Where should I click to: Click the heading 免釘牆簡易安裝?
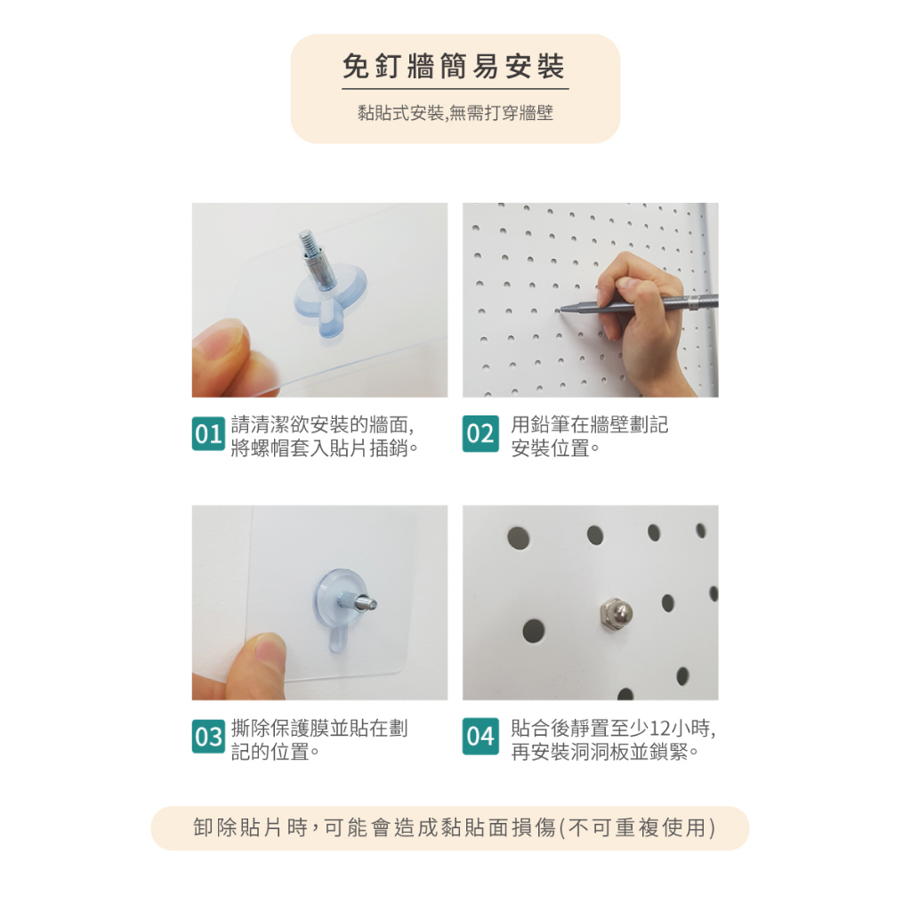pyautogui.click(x=454, y=66)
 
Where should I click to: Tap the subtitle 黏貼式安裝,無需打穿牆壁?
pyautogui.click(x=455, y=113)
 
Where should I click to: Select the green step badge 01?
pyautogui.click(x=208, y=433)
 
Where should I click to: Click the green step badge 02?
pyautogui.click(x=480, y=433)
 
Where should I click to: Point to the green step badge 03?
pyautogui.click(x=208, y=736)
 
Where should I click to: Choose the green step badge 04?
pyautogui.click(x=480, y=736)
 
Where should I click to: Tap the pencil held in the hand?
pyautogui.click(x=639, y=305)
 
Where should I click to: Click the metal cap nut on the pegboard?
pyautogui.click(x=616, y=613)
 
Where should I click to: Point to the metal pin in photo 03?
pyautogui.click(x=358, y=601)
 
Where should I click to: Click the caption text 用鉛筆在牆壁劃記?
pyautogui.click(x=589, y=424)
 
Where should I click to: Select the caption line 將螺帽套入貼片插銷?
pyautogui.click(x=324, y=448)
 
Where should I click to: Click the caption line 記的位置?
pyautogui.click(x=275, y=752)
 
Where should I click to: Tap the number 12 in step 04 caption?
pyautogui.click(x=660, y=728)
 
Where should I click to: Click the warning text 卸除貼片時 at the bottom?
pyautogui.click(x=250, y=827)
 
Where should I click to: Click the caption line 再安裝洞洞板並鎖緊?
pyautogui.click(x=604, y=752)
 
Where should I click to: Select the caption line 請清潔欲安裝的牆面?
pyautogui.click(x=322, y=424)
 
